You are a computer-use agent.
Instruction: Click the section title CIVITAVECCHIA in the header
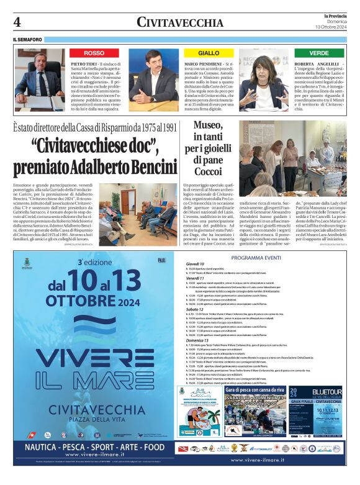179,22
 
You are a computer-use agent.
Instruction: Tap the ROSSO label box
94,53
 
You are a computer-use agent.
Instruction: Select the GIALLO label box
209,53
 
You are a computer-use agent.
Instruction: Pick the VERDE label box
319,53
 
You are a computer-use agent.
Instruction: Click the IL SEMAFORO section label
27,40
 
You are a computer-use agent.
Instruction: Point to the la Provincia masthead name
335,16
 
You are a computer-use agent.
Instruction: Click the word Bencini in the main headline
144,168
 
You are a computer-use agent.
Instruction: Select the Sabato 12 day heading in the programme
195,309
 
